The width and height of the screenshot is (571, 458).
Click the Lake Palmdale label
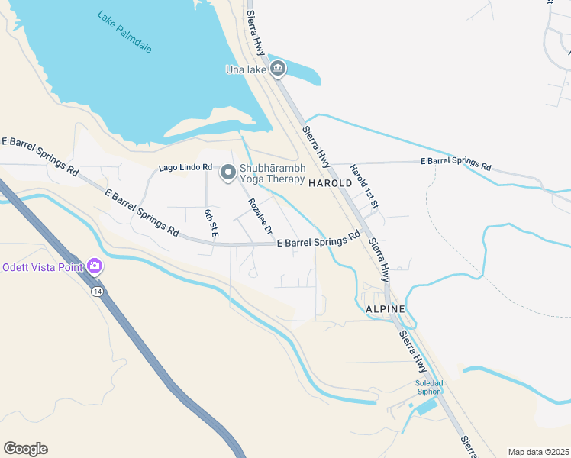pos(124,31)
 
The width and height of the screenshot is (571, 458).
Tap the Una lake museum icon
pos(278,70)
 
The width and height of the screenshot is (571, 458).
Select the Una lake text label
pos(246,70)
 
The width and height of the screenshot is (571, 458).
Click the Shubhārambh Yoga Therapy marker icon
pos(227,174)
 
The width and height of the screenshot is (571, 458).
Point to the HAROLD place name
pos(331,183)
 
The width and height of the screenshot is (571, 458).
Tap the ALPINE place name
pos(385,308)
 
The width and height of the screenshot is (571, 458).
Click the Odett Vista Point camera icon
pos(95,266)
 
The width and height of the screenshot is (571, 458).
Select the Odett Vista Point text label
pos(43,267)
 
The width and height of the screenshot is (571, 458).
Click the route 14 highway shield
pos(97,292)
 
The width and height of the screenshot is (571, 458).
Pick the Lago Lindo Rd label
pos(185,167)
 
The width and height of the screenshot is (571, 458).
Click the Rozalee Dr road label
pos(260,216)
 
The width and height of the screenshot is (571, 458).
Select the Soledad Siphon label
pos(428,387)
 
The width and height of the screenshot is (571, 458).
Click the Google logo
pos(25,449)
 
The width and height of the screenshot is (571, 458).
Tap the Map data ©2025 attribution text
pos(538,452)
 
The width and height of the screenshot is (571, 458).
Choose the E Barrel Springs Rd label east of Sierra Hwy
pos(456,163)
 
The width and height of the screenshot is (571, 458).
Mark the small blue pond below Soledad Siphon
pos(427,407)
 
